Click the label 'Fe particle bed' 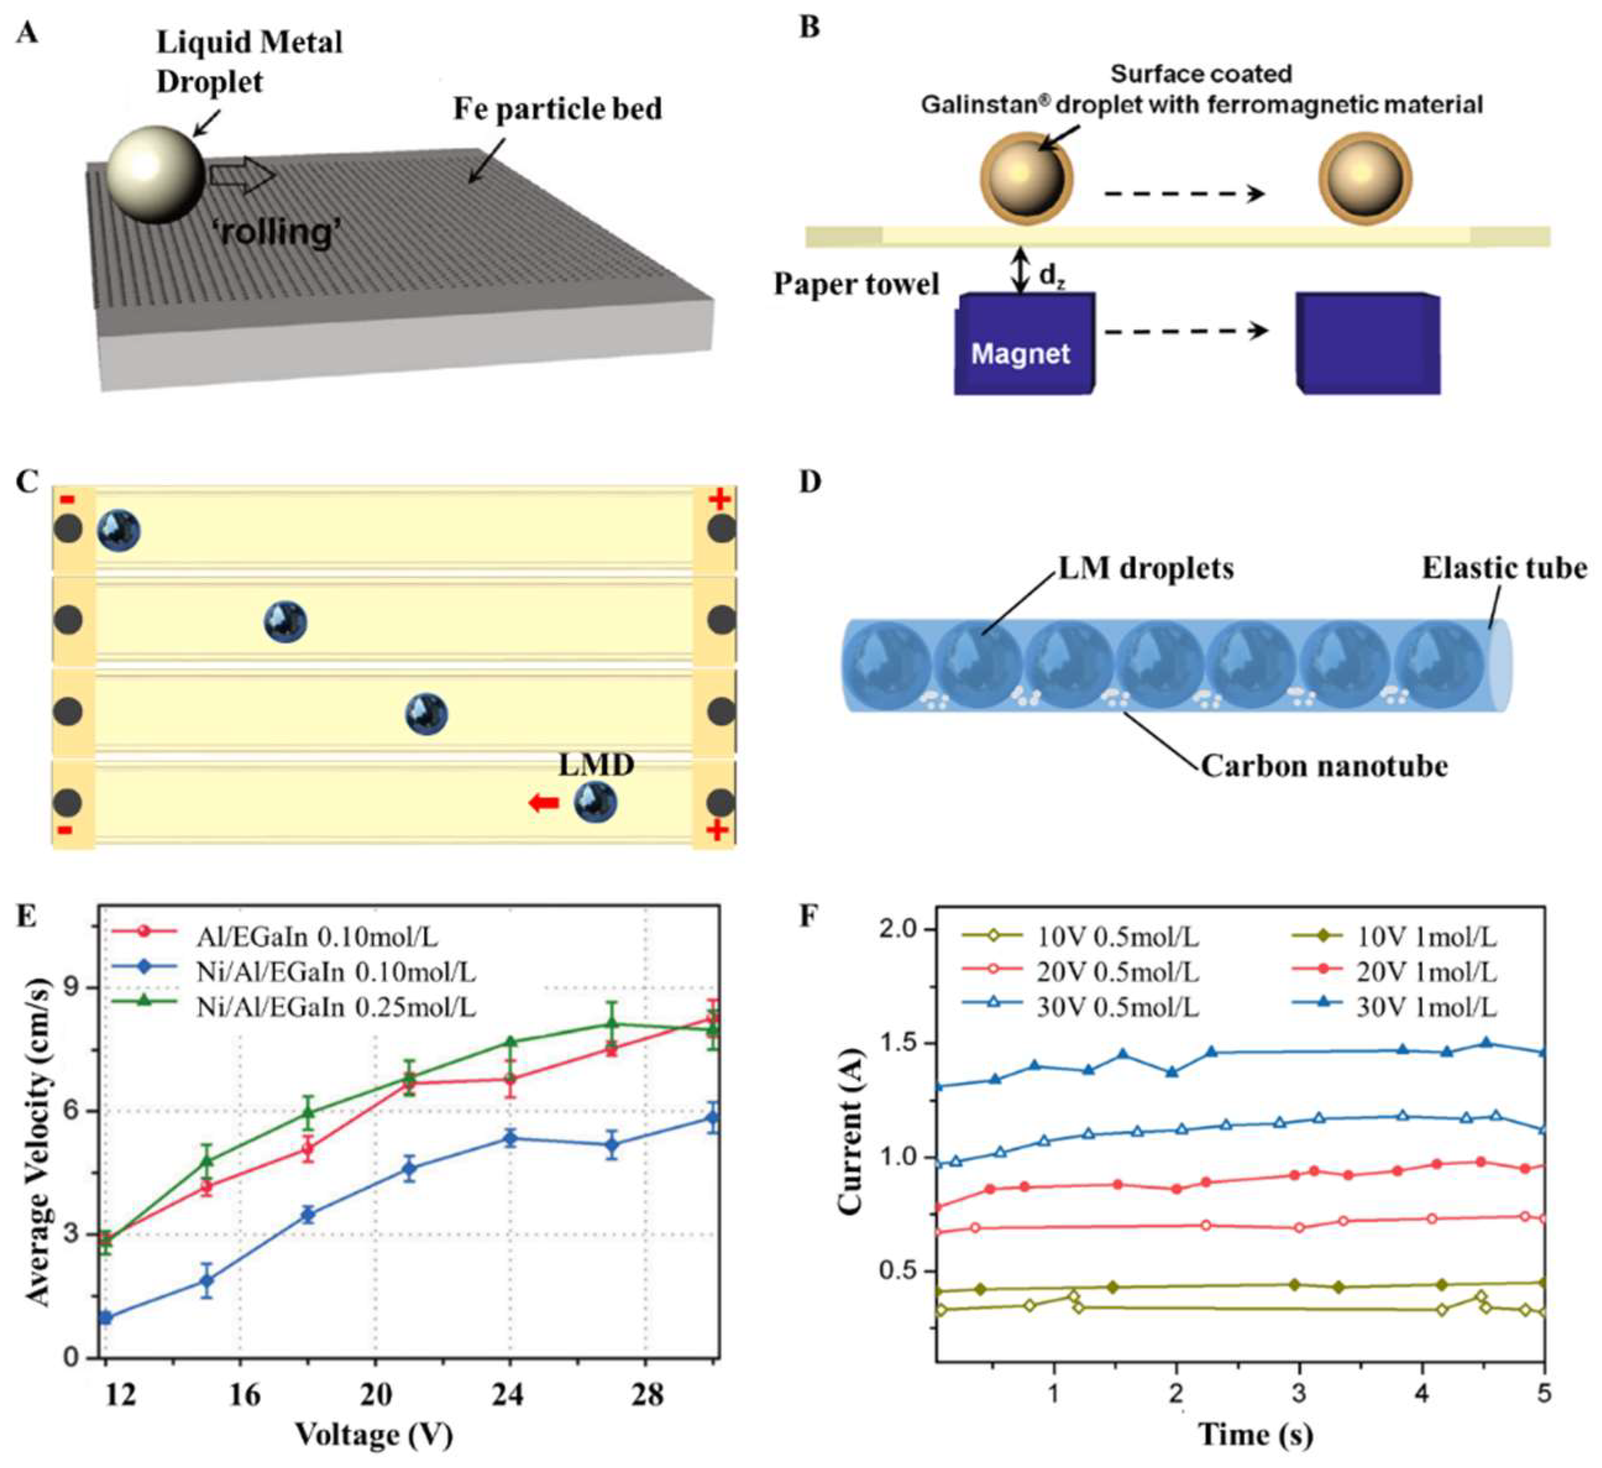[557, 109]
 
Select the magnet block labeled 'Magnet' [1024, 344]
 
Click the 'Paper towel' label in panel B [856, 284]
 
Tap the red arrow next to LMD [544, 804]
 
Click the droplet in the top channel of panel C [119, 531]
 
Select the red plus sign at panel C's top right [720, 499]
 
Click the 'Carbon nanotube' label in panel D [1324, 766]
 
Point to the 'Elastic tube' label [1504, 568]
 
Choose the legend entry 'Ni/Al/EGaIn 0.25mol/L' [335, 1007]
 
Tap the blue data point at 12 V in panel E [106, 1318]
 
